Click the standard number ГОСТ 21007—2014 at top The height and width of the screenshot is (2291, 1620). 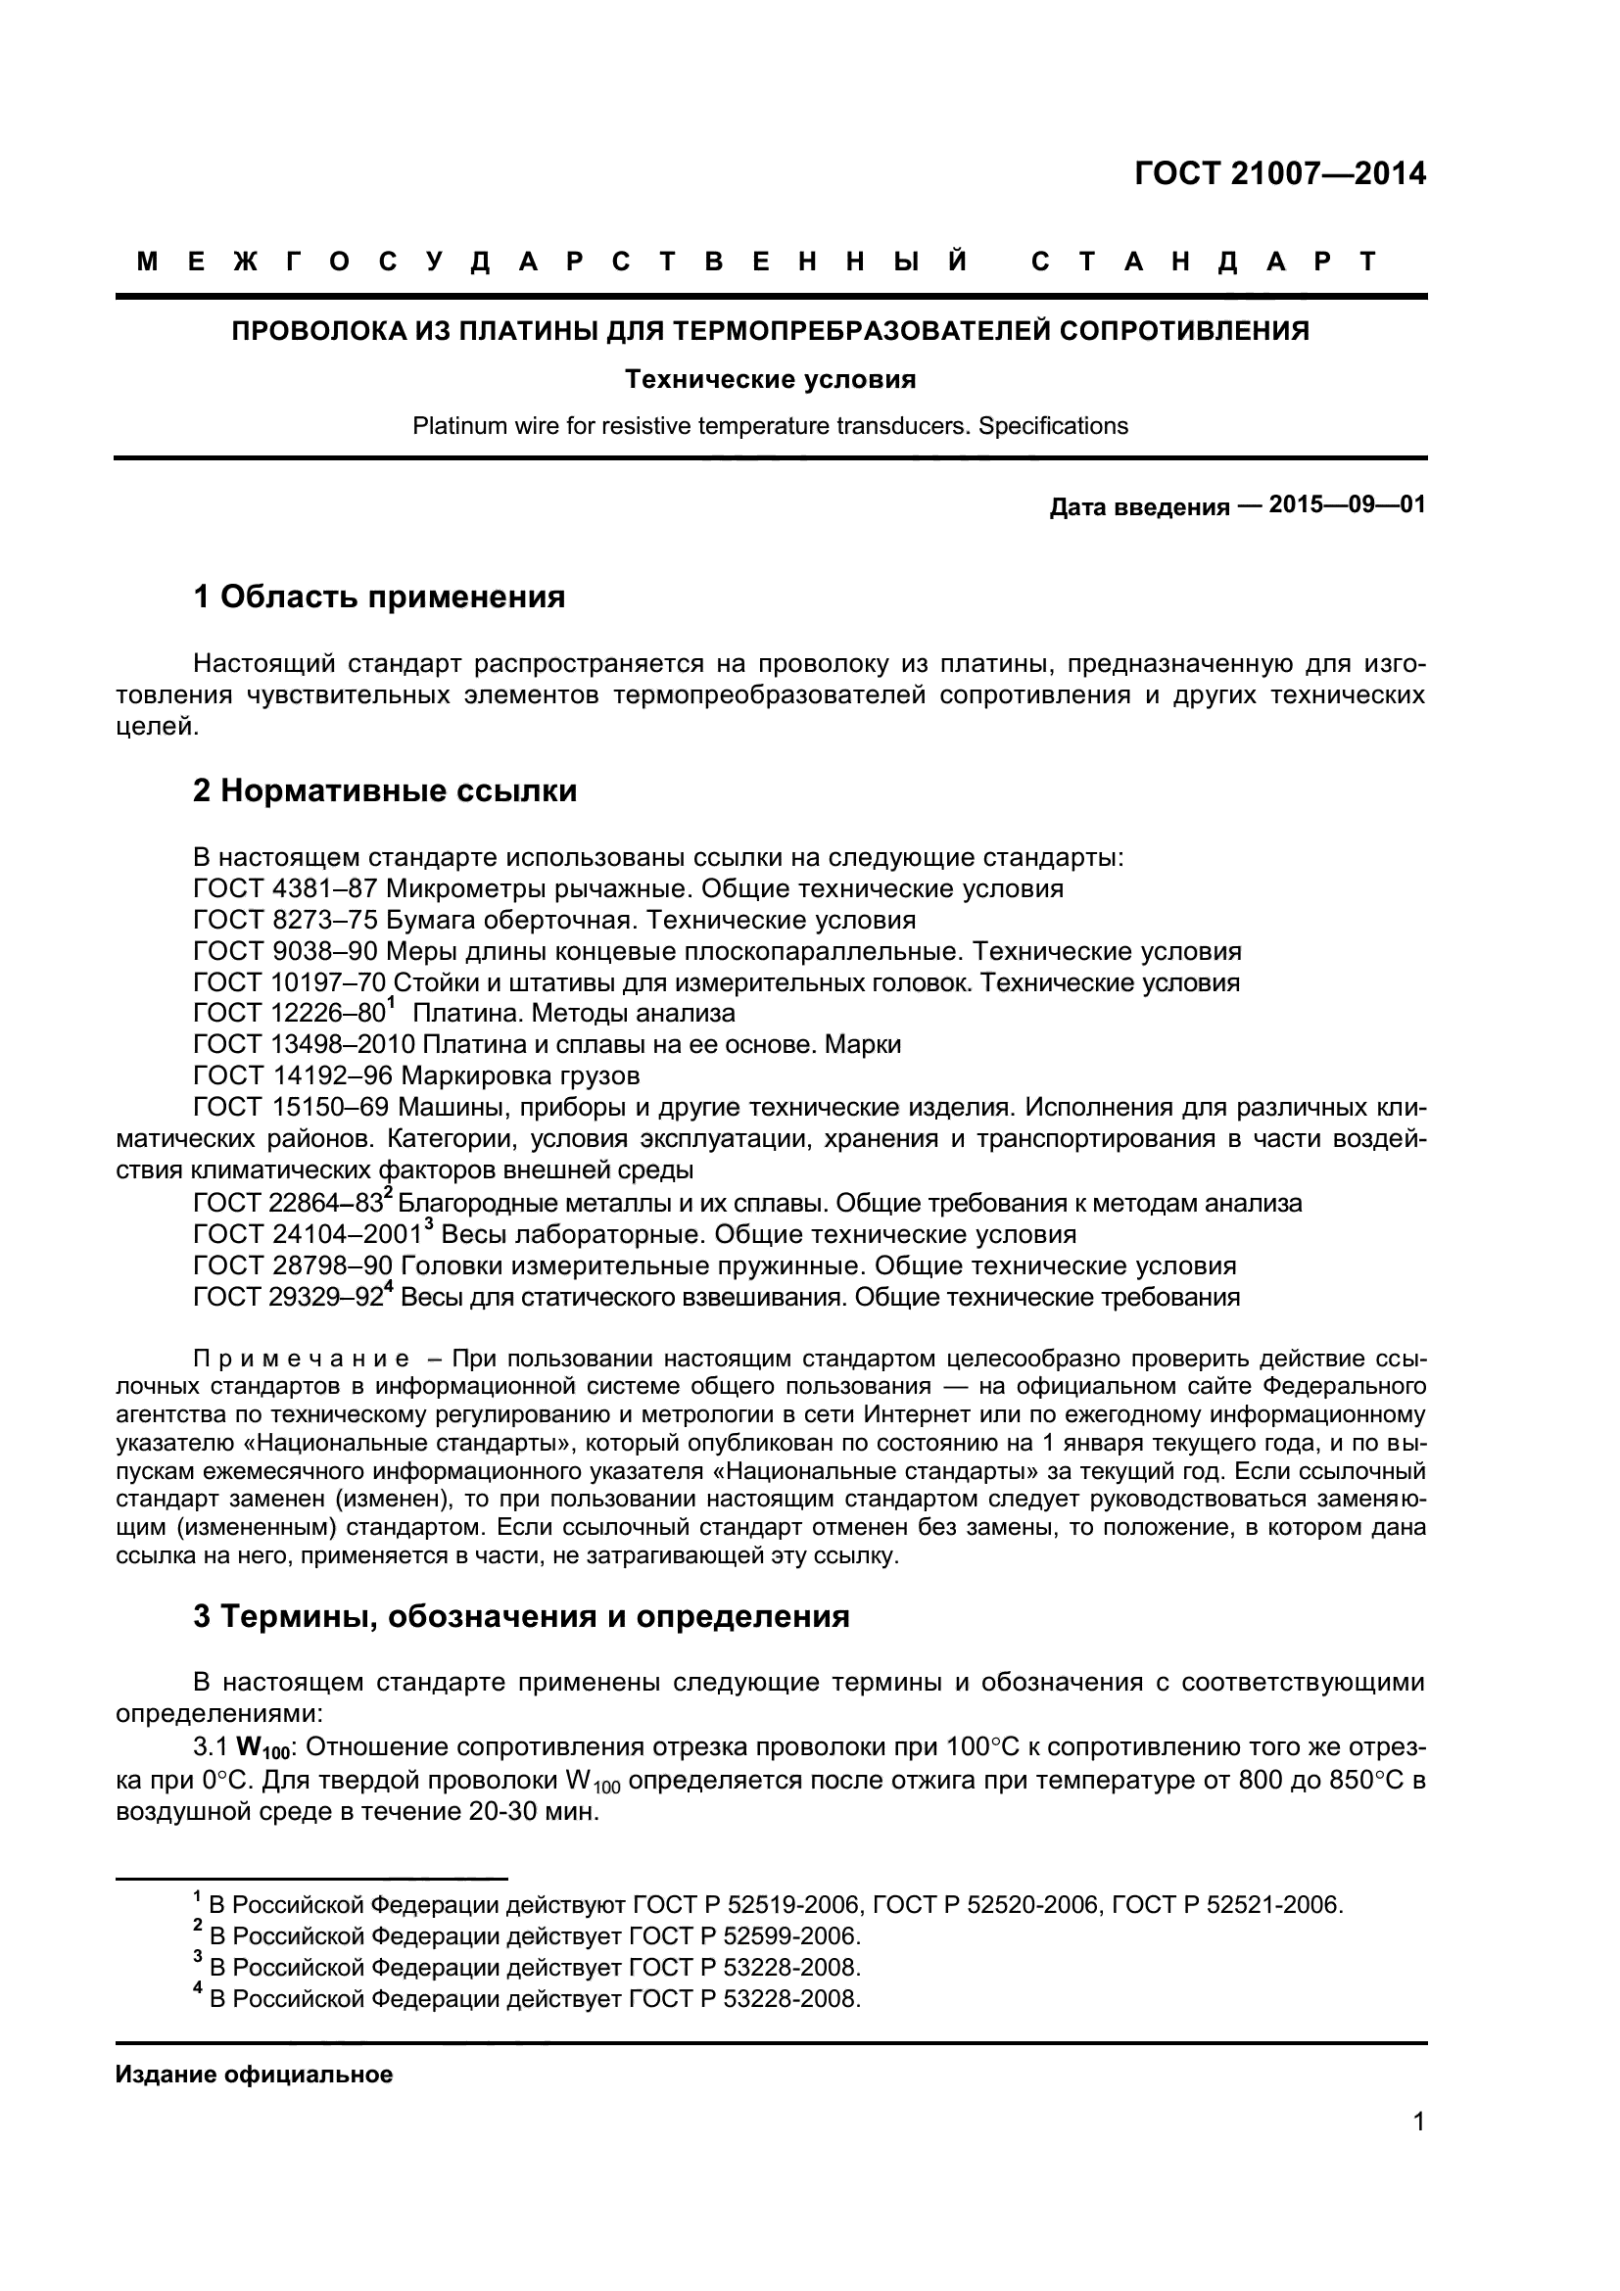tap(1280, 173)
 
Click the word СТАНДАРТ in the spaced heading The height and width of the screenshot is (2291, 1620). tap(1203, 263)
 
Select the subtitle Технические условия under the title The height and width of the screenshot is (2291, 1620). tap(770, 379)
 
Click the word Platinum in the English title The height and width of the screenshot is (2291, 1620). tap(455, 426)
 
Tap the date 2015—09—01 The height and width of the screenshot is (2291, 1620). tap(1347, 504)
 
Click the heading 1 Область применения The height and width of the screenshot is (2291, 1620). tap(379, 597)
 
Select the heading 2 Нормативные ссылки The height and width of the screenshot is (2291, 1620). tap(385, 791)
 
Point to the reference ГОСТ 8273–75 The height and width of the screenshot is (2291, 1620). tap(285, 919)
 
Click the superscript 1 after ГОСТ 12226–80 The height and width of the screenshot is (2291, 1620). tap(392, 1004)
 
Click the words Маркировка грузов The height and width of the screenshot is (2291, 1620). tap(520, 1075)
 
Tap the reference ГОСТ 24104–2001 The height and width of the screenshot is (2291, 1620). tap(307, 1235)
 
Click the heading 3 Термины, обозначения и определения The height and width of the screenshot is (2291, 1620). tap(521, 1616)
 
